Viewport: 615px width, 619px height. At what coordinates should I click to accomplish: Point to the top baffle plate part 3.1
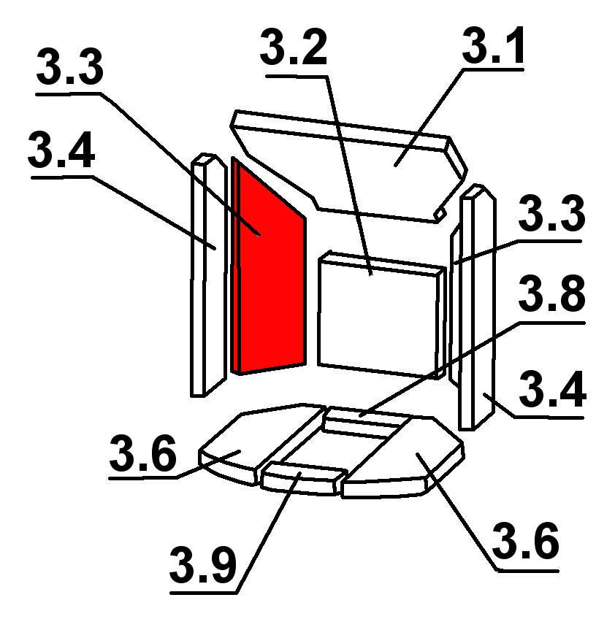[x=380, y=164]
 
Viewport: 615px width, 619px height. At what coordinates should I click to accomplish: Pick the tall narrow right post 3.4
[x=476, y=307]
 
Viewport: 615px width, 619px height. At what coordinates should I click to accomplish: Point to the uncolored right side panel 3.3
[x=454, y=307]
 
